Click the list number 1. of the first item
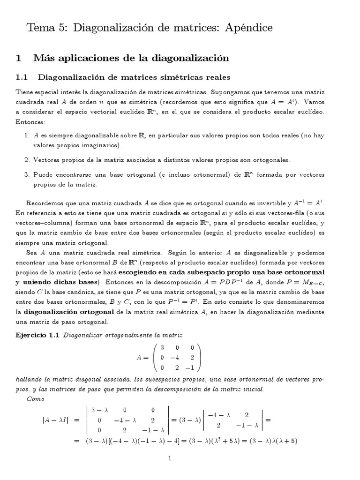pyautogui.click(x=26, y=135)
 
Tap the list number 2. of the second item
pyautogui.click(x=26, y=159)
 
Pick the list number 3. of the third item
pyautogui.click(x=26, y=174)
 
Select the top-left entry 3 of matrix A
pyautogui.click(x=162, y=348)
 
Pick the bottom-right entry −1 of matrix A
pyautogui.click(x=190, y=367)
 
